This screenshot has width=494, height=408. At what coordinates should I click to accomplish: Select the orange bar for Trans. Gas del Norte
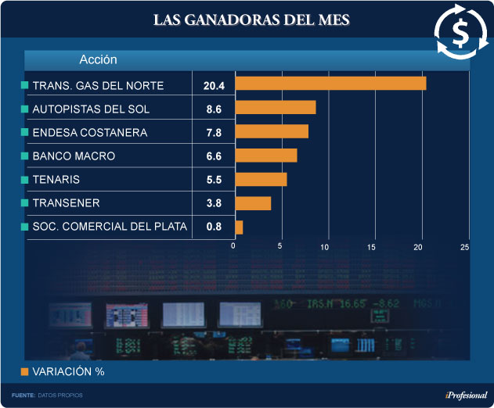point(330,84)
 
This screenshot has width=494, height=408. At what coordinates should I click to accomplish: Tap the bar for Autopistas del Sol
point(276,107)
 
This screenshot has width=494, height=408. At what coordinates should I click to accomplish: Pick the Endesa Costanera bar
point(272,131)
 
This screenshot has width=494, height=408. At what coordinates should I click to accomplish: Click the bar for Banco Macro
point(266,156)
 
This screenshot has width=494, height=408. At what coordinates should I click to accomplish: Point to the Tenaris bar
point(261,180)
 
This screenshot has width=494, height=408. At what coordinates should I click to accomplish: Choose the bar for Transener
point(253,203)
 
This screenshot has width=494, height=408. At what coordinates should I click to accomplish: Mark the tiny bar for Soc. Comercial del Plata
point(239,227)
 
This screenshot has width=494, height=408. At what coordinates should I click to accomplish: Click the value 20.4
point(214,84)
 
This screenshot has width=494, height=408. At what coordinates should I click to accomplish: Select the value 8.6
point(214,109)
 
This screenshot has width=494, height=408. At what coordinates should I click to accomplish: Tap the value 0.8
point(214,227)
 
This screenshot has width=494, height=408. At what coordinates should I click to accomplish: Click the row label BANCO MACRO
point(74,156)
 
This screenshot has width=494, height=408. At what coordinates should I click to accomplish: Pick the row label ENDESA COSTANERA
point(90,132)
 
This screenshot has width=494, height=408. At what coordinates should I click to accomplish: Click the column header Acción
point(98,59)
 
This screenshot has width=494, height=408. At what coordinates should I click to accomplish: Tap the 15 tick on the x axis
point(372,247)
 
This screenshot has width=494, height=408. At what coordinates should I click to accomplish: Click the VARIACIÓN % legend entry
point(67,372)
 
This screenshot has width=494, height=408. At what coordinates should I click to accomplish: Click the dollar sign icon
point(459,32)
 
